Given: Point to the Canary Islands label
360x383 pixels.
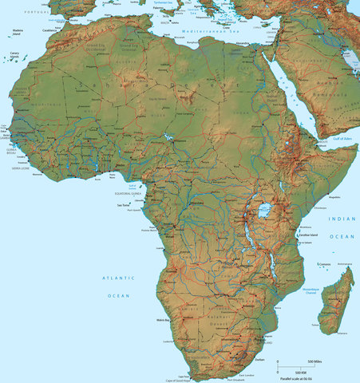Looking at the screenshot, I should click(14, 55).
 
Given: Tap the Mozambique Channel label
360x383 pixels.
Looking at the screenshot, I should click(311, 290).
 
